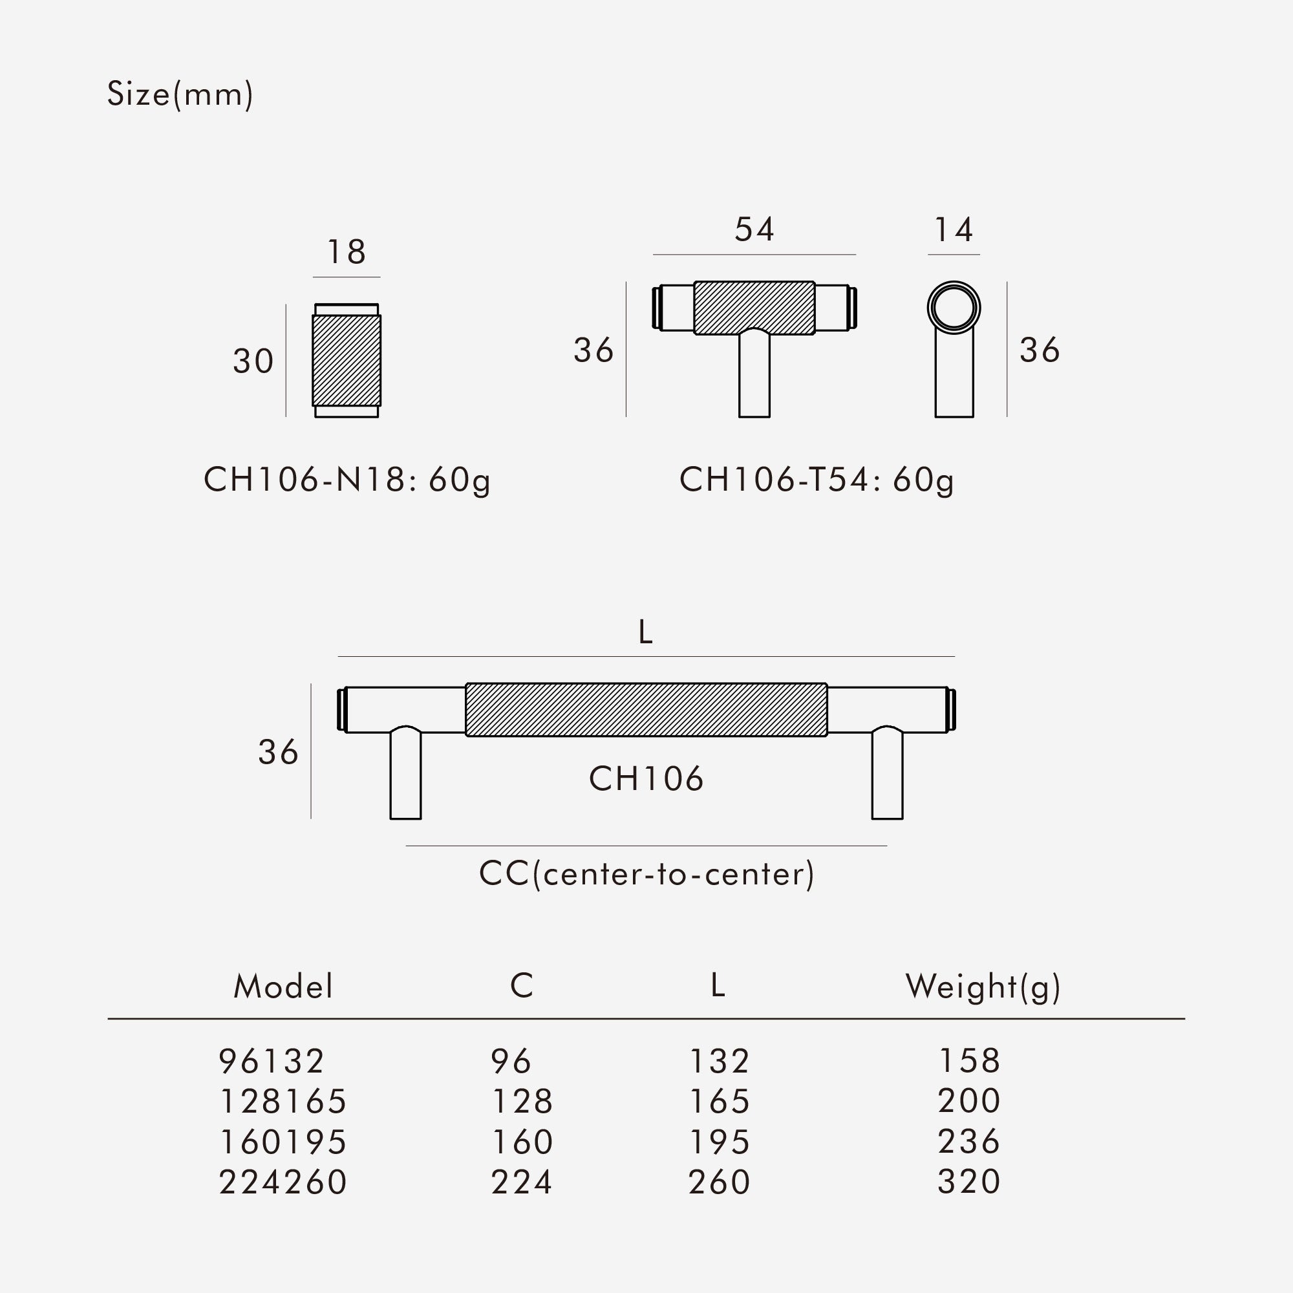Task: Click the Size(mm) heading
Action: coord(180,94)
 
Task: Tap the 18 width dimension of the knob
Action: coord(346,251)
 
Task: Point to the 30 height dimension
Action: coord(253,361)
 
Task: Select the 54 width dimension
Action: coord(754,230)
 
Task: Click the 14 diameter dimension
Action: coord(953,230)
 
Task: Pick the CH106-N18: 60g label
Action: coord(347,480)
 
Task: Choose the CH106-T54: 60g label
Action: coord(817,480)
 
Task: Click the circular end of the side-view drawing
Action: coord(954,308)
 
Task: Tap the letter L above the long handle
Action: coord(645,632)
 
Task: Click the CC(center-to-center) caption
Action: coord(646,874)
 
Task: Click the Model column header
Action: coord(283,987)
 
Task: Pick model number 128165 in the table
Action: coord(283,1102)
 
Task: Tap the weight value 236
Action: coord(968,1142)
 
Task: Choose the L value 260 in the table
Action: coord(719,1182)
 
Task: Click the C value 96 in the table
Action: coord(511,1062)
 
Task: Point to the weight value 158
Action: coord(969,1061)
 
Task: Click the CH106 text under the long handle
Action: coord(646,779)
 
